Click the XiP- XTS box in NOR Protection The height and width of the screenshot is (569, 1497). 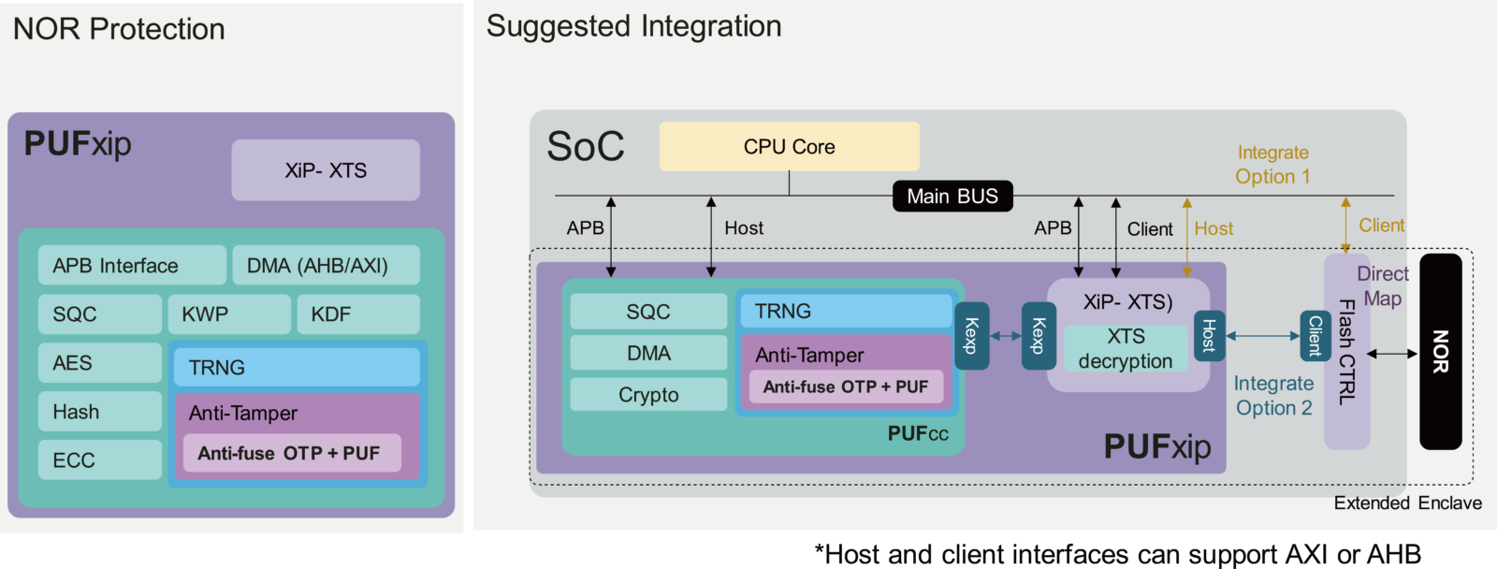click(326, 170)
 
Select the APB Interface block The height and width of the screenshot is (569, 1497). click(132, 266)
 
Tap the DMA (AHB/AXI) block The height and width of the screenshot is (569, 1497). click(326, 266)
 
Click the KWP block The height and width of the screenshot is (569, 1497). click(228, 314)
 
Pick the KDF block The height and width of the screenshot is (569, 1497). click(357, 314)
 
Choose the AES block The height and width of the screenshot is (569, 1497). click(100, 363)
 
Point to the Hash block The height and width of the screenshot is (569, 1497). click(100, 412)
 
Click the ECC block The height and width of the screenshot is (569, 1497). click(100, 460)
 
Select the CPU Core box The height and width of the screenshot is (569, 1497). click(789, 147)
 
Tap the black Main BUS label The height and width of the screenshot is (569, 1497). click(952, 197)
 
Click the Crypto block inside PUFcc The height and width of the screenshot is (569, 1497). click(648, 395)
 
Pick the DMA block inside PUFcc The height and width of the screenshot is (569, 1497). click(648, 353)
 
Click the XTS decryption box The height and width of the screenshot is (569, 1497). click(1126, 348)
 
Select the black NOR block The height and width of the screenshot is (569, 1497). click(1440, 352)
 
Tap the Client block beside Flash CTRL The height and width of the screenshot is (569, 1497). click(1315, 336)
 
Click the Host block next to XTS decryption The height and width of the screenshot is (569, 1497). click(1208, 335)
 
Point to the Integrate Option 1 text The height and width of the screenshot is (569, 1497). click(1272, 165)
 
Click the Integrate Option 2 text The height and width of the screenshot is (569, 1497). click(1273, 396)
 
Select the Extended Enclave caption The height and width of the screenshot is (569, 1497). click(1407, 503)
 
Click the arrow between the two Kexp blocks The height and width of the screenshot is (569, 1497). click(1006, 336)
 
